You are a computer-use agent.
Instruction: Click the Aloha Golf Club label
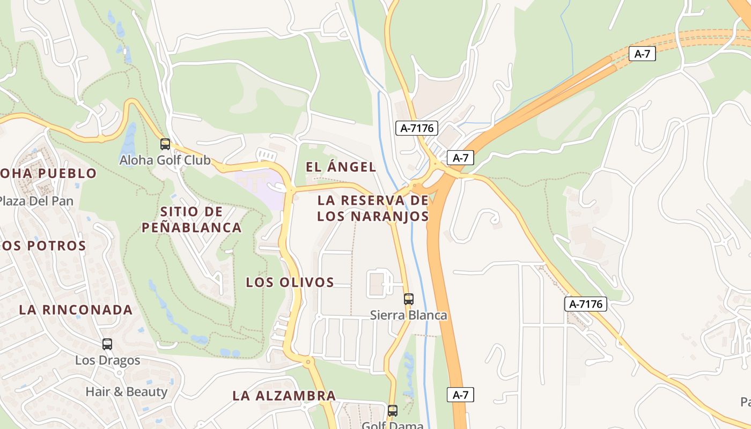[x=165, y=160]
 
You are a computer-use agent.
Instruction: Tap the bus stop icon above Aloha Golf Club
[x=165, y=144]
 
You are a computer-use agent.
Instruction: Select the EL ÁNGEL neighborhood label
[x=341, y=167]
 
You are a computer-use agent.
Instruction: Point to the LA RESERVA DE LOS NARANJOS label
[x=373, y=209]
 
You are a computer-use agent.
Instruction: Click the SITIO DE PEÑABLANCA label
[x=192, y=219]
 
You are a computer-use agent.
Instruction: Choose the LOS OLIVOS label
[x=290, y=282]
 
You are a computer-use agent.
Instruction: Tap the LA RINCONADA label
[x=76, y=309]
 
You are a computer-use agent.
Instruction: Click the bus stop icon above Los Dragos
[x=107, y=344]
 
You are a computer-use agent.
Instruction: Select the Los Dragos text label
[x=107, y=360]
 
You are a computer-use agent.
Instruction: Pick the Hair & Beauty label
[x=127, y=391]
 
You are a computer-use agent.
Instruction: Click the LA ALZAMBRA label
[x=284, y=396]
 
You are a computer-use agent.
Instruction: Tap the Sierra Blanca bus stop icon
[x=409, y=299]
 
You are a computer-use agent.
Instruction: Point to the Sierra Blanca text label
[x=409, y=315]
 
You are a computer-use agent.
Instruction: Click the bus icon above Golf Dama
[x=393, y=411]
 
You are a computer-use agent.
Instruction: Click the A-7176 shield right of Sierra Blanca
[x=586, y=304]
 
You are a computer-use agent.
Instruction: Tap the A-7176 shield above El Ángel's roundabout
[x=417, y=128]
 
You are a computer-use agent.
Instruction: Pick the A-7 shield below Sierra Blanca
[x=460, y=395]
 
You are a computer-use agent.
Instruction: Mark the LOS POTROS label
[x=43, y=246]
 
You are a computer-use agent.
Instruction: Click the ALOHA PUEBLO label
[x=48, y=173]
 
